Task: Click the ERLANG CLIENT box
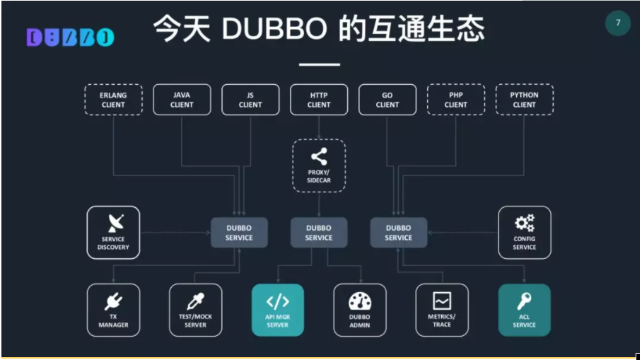[x=113, y=100]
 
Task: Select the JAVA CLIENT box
[x=182, y=100]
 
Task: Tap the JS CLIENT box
[x=250, y=100]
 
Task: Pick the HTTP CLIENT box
[x=319, y=100]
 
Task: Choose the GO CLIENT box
[x=387, y=100]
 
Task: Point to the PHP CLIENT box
[x=456, y=100]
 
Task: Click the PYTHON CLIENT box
[x=525, y=100]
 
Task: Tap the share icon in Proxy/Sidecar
[x=319, y=157]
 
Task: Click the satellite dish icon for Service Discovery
[x=114, y=223]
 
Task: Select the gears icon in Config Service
[x=525, y=223]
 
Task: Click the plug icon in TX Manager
[x=114, y=302]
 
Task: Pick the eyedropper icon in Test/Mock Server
[x=195, y=301]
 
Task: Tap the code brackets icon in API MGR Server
[x=278, y=301]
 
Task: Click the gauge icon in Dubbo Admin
[x=360, y=301]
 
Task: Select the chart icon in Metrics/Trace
[x=442, y=301]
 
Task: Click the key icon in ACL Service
[x=525, y=301]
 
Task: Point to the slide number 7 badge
[x=618, y=23]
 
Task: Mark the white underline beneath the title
[x=320, y=64]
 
